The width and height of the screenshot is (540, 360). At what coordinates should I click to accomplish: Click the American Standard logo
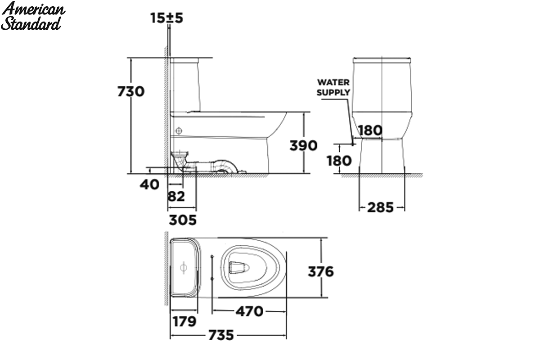[33, 16]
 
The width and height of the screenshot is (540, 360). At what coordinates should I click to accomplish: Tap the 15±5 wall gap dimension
[166, 18]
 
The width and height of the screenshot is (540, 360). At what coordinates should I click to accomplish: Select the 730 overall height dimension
[131, 92]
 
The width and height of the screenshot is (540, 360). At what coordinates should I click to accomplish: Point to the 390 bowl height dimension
[303, 146]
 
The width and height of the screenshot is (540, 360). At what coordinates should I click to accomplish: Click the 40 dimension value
[149, 184]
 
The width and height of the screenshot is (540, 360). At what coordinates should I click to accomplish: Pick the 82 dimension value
[176, 196]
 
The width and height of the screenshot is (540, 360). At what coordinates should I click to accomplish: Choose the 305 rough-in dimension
[183, 220]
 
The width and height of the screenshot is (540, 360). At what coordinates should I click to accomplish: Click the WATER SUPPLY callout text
[333, 87]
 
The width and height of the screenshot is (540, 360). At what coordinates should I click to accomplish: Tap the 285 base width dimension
[380, 207]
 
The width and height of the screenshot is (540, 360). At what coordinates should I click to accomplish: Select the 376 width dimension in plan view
[321, 272]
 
